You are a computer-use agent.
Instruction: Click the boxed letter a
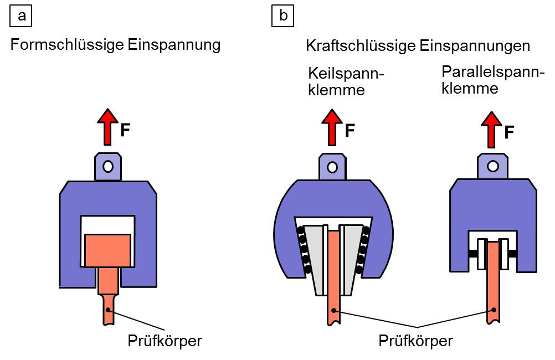pyautogui.click(x=21, y=16)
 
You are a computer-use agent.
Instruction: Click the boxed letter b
pyautogui.click(x=282, y=16)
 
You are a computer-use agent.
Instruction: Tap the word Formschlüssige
pyautogui.click(x=67, y=45)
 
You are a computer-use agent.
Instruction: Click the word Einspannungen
pyautogui.click(x=475, y=47)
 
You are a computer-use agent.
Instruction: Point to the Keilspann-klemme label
pyautogui.click(x=346, y=81)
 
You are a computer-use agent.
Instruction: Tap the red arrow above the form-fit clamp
pyautogui.click(x=107, y=127)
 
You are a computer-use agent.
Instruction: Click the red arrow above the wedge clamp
pyautogui.click(x=332, y=127)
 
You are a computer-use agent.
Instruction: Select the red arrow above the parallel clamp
pyautogui.click(x=491, y=129)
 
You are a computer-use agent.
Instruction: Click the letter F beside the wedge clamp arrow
pyautogui.click(x=350, y=131)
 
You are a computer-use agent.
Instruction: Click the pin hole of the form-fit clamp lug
pyautogui.click(x=108, y=166)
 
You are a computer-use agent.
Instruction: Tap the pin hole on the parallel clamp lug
pyautogui.click(x=493, y=166)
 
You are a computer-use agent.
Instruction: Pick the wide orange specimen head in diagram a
pyautogui.click(x=107, y=250)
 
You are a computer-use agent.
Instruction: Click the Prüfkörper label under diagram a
pyautogui.click(x=165, y=341)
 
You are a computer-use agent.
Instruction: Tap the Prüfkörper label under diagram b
pyautogui.click(x=415, y=341)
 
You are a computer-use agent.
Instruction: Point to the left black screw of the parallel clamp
pyautogui.click(x=472, y=254)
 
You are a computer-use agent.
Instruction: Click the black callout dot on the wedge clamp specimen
pyautogui.click(x=333, y=311)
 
